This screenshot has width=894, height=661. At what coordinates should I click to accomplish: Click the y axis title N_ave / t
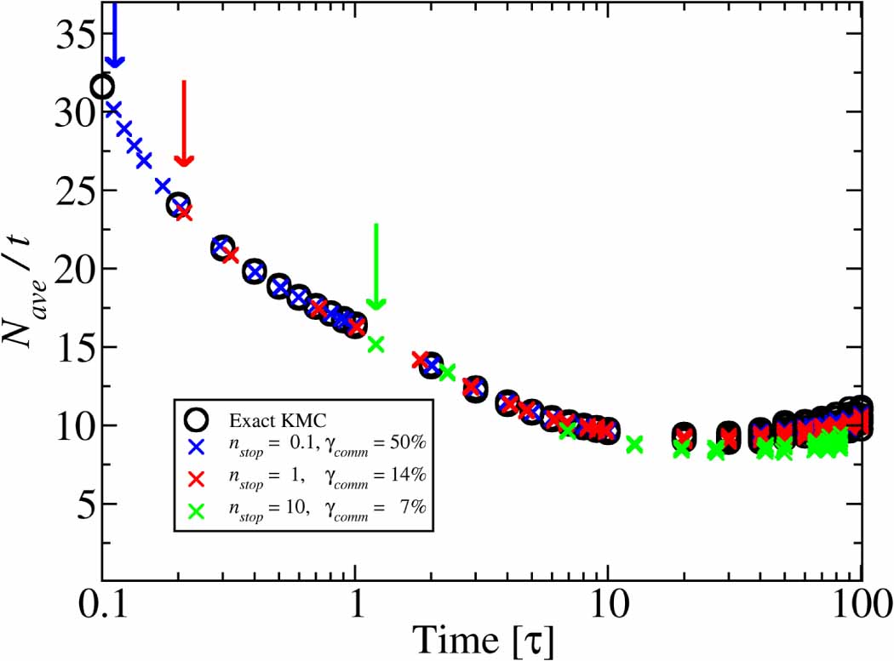[26, 276]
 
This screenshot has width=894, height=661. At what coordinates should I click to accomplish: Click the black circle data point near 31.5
[103, 87]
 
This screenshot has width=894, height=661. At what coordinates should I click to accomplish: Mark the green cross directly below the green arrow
[375, 344]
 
